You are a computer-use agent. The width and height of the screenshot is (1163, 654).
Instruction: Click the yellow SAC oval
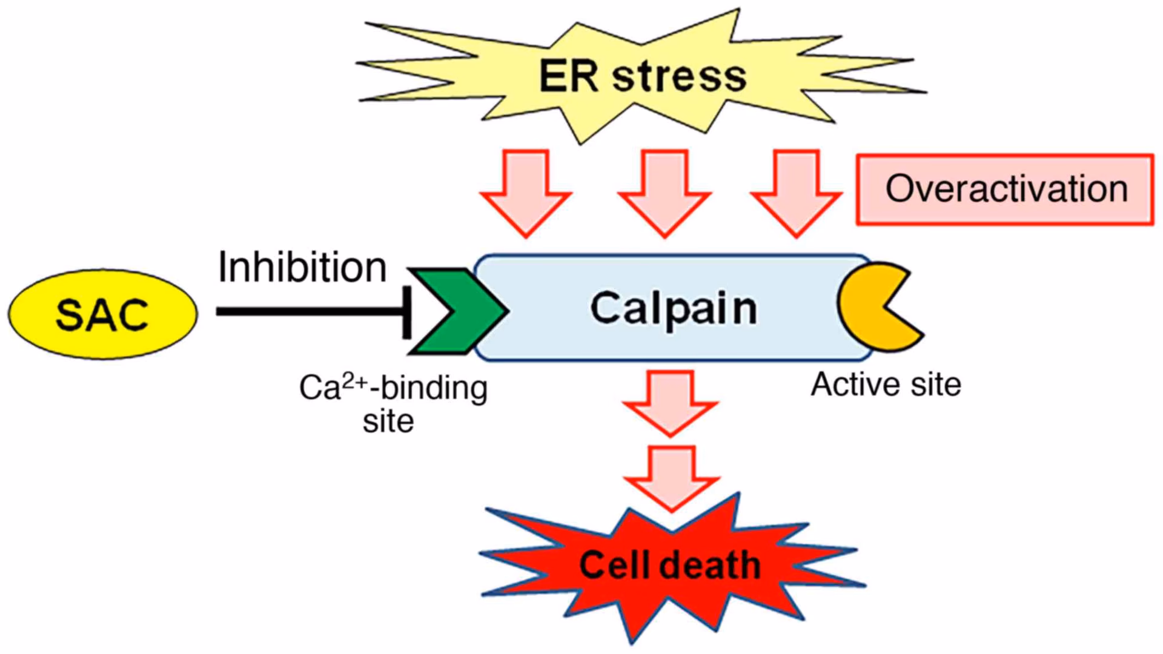pos(102,314)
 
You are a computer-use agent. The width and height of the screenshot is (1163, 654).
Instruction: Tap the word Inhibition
pos(302,267)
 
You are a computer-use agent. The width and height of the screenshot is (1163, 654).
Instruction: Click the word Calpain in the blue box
pos(673,308)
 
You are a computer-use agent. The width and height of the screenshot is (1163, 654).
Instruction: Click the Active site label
pos(886,385)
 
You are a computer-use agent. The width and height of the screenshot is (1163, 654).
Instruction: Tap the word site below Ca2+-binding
pos(388,421)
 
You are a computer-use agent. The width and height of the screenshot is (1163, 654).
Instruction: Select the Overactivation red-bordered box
pos(1005,189)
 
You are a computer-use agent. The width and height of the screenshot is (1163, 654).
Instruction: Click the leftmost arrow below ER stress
pos(526,193)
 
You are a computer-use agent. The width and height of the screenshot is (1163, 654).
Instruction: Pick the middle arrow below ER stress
pos(664,193)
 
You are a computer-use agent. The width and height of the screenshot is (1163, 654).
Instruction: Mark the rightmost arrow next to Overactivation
pos(796,193)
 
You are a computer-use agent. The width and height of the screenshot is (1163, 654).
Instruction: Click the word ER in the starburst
pos(568,77)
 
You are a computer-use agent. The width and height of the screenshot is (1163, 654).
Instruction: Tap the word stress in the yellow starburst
pos(679,77)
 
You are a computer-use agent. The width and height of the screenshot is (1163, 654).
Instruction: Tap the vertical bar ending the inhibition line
pos(407,312)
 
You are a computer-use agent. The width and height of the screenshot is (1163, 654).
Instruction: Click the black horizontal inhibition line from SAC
pos(309,312)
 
